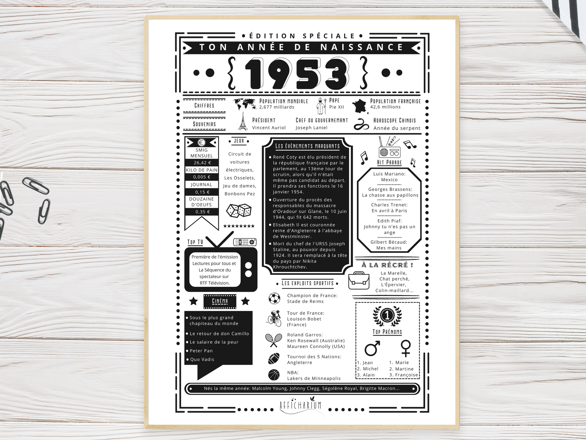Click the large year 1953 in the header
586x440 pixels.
coord(297,74)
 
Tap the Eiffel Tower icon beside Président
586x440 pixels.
coord(242,121)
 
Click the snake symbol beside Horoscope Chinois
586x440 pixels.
coord(361,124)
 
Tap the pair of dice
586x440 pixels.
coord(239,211)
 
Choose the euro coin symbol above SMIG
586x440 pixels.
coord(201,142)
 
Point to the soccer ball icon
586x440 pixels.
coord(274,298)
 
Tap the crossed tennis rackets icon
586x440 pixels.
coord(274,340)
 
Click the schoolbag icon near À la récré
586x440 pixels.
coord(359,280)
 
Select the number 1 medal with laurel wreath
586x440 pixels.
coord(387,316)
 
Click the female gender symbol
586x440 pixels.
coord(406,349)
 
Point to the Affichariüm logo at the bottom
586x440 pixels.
coord(300,405)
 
